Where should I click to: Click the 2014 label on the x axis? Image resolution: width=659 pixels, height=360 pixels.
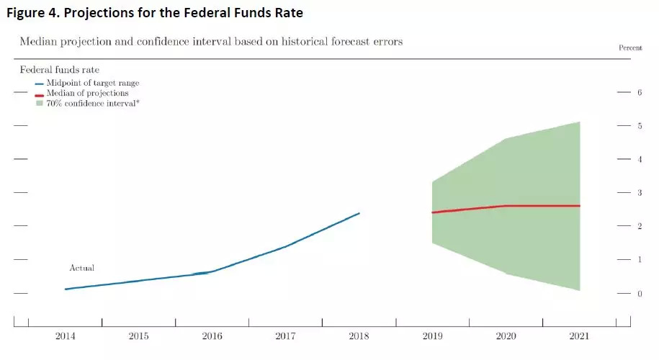click(x=66, y=336)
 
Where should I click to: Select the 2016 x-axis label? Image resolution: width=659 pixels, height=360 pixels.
click(x=212, y=336)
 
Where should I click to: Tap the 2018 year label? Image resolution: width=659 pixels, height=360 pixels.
click(x=359, y=336)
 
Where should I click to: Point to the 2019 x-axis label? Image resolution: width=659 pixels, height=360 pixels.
click(x=432, y=336)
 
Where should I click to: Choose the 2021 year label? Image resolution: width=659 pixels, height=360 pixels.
click(x=580, y=336)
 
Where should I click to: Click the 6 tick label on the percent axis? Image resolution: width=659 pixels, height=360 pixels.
click(x=640, y=93)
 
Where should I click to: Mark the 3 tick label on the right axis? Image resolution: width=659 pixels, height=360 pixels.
click(x=640, y=193)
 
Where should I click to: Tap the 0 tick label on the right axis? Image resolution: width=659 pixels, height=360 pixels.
click(x=640, y=293)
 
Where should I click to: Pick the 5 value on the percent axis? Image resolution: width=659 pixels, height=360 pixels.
click(x=640, y=126)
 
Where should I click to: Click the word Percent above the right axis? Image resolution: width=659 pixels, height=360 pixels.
click(x=630, y=48)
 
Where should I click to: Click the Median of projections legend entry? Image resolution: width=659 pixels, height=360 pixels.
click(x=87, y=93)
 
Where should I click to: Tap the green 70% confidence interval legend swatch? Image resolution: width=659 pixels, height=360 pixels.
click(x=40, y=104)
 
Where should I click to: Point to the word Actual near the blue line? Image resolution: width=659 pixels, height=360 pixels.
click(x=81, y=268)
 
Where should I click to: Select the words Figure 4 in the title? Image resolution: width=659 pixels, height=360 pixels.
click(x=33, y=12)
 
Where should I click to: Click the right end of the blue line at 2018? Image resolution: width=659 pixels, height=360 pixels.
click(x=359, y=213)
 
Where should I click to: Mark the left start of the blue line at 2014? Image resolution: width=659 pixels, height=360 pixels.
click(x=66, y=289)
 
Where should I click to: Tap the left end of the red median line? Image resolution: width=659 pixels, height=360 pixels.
click(x=432, y=212)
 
